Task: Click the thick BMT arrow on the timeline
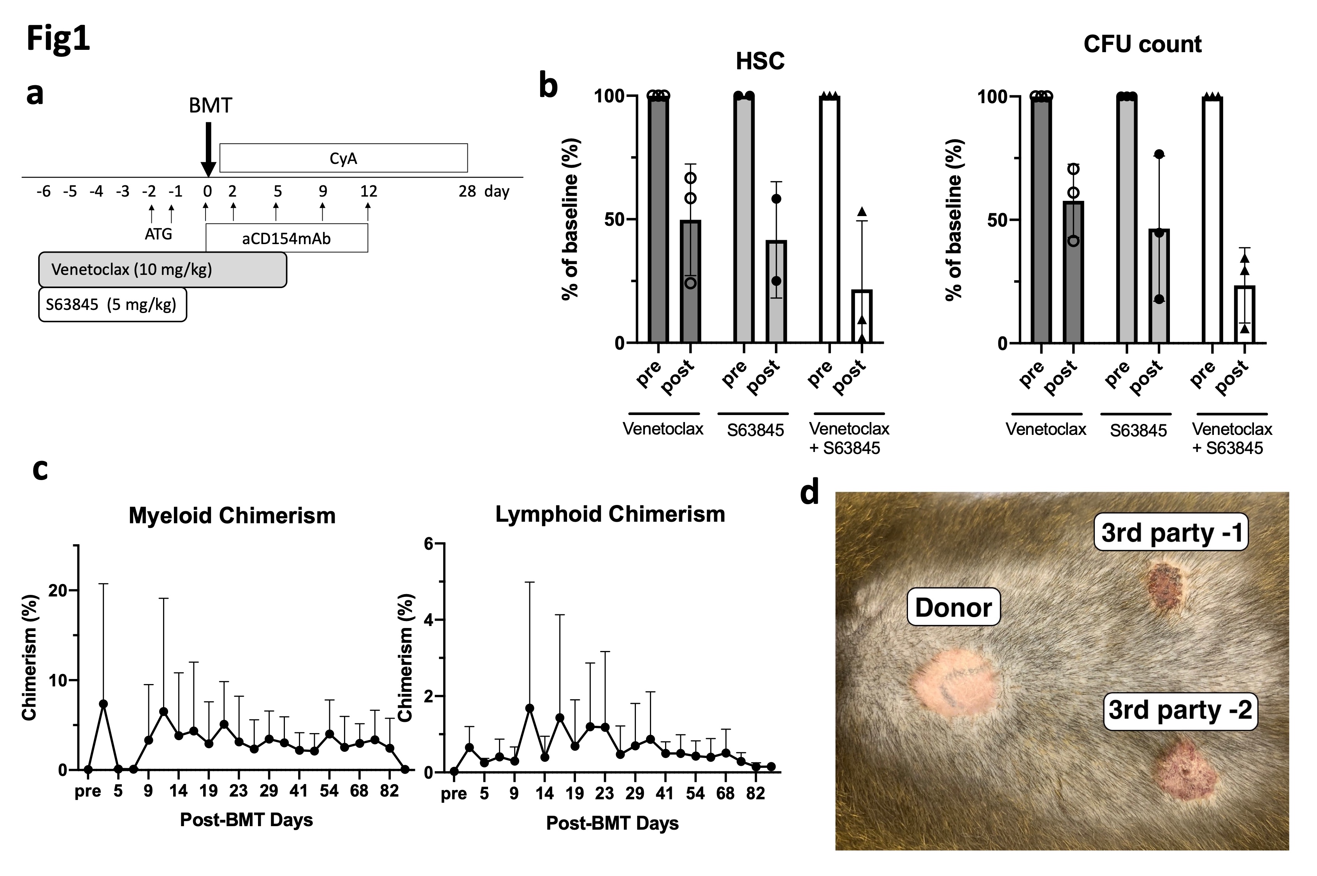tap(208, 148)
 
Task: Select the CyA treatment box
tap(343, 158)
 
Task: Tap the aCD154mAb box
tap(286, 239)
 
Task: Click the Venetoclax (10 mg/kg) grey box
tap(162, 270)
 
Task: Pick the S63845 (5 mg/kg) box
tap(112, 304)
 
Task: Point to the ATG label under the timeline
tap(158, 234)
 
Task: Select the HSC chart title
tap(760, 61)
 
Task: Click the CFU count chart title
tap(1142, 44)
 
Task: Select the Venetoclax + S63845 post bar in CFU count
tap(1245, 314)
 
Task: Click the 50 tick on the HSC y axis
tap(614, 220)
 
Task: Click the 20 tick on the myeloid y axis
tap(58, 591)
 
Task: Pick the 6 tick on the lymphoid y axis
tap(429, 544)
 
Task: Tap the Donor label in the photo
tap(953, 607)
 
